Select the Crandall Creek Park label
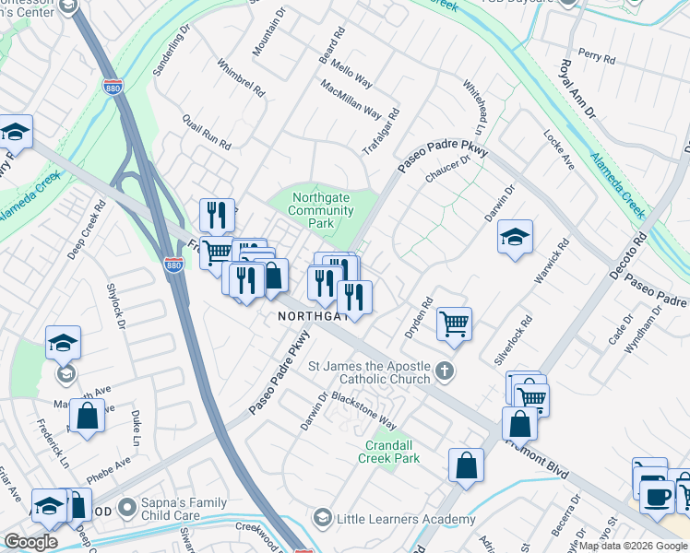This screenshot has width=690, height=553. click(388, 451)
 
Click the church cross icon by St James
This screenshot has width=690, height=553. click(446, 372)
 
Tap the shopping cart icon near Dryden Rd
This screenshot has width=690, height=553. click(454, 324)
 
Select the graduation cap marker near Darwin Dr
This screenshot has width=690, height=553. click(516, 238)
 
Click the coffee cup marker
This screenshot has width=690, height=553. click(656, 497)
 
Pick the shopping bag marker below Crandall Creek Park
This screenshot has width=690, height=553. click(467, 465)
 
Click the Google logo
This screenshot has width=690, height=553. click(30, 542)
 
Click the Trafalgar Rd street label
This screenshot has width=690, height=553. click(382, 132)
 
